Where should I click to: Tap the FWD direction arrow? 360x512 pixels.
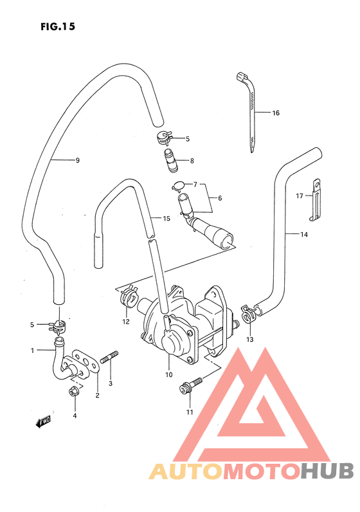44,422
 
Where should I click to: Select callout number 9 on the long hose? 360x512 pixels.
77,160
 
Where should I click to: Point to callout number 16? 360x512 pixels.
275,113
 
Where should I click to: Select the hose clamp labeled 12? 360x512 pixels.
129,296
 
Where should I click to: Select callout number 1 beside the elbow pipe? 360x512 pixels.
32,351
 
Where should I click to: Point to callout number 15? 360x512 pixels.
166,219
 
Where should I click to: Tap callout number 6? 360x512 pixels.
219,198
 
